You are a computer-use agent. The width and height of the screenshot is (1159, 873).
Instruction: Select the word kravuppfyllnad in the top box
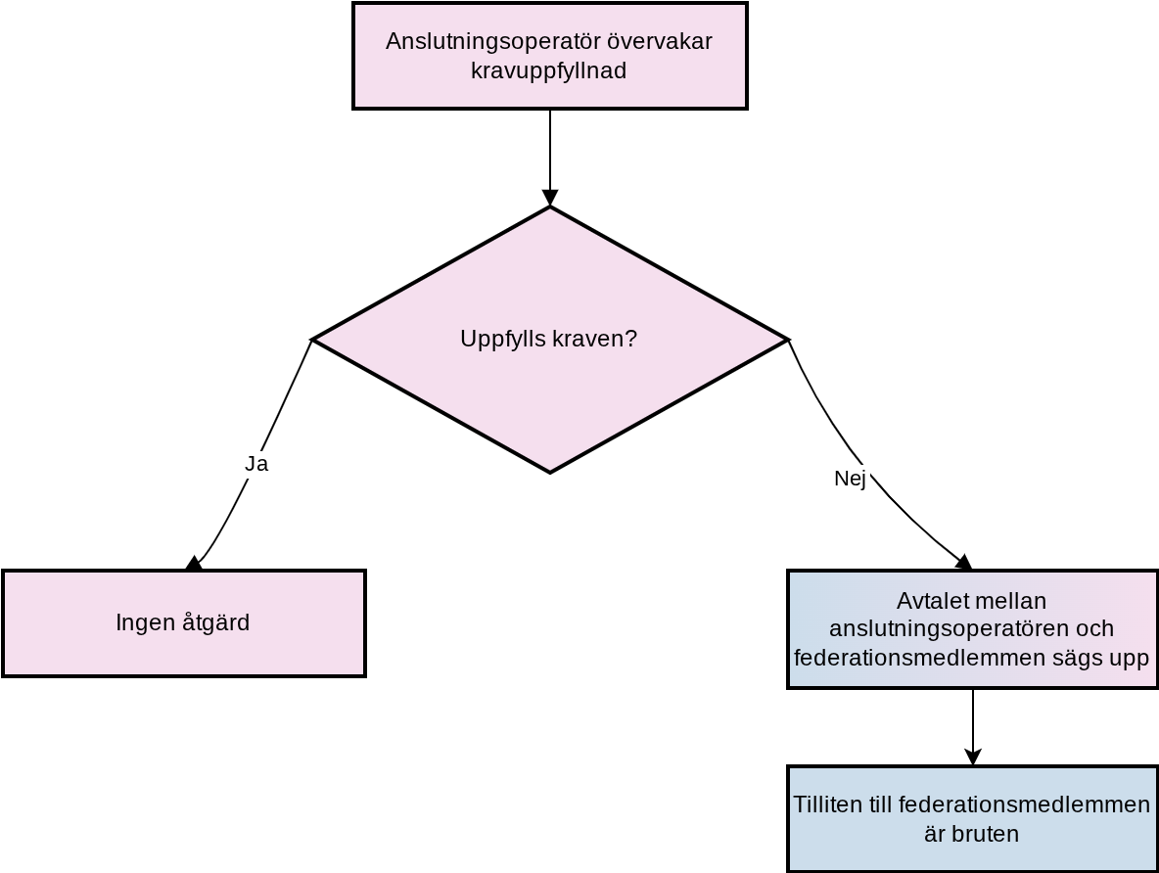pyautogui.click(x=548, y=71)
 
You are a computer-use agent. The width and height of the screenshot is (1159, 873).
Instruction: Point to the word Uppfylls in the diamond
pyautogui.click(x=502, y=340)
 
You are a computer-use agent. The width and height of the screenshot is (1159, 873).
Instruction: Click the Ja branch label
pyautogui.click(x=256, y=464)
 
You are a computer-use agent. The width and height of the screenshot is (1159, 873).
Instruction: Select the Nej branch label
pyautogui.click(x=850, y=479)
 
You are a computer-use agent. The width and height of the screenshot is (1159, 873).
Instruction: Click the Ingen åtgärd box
pyautogui.click(x=184, y=623)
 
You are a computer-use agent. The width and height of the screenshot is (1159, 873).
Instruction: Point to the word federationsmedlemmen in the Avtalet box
pyautogui.click(x=914, y=657)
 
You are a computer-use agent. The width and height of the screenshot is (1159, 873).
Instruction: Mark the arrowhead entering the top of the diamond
pyautogui.click(x=550, y=198)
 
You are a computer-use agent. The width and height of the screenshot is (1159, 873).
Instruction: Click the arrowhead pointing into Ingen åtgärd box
pyautogui.click(x=195, y=564)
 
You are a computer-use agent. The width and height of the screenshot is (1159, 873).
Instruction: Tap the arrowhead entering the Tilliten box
pyautogui.click(x=973, y=757)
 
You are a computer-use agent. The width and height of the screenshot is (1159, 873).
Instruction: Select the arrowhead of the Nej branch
pyautogui.click(x=964, y=563)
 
